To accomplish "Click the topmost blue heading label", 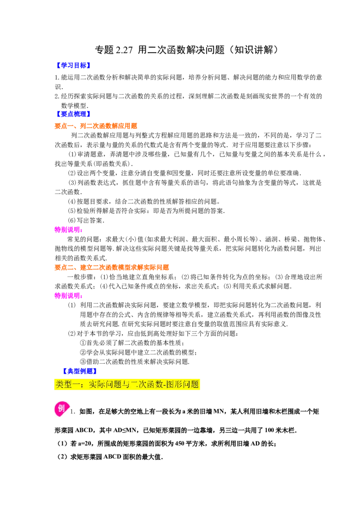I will pyautogui.click(x=72, y=65).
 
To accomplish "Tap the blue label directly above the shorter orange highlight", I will pyautogui.click(x=72, y=114).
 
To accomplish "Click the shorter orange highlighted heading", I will pyautogui.click(x=96, y=126).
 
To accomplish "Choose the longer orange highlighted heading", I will pyautogui.click(x=111, y=267).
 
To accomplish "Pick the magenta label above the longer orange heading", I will pyautogui.click(x=68, y=229).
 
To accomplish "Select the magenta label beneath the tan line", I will pyautogui.click(x=68, y=295).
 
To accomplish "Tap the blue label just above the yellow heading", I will pyautogui.click(x=79, y=371).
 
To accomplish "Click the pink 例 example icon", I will pyautogui.click(x=62, y=409).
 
